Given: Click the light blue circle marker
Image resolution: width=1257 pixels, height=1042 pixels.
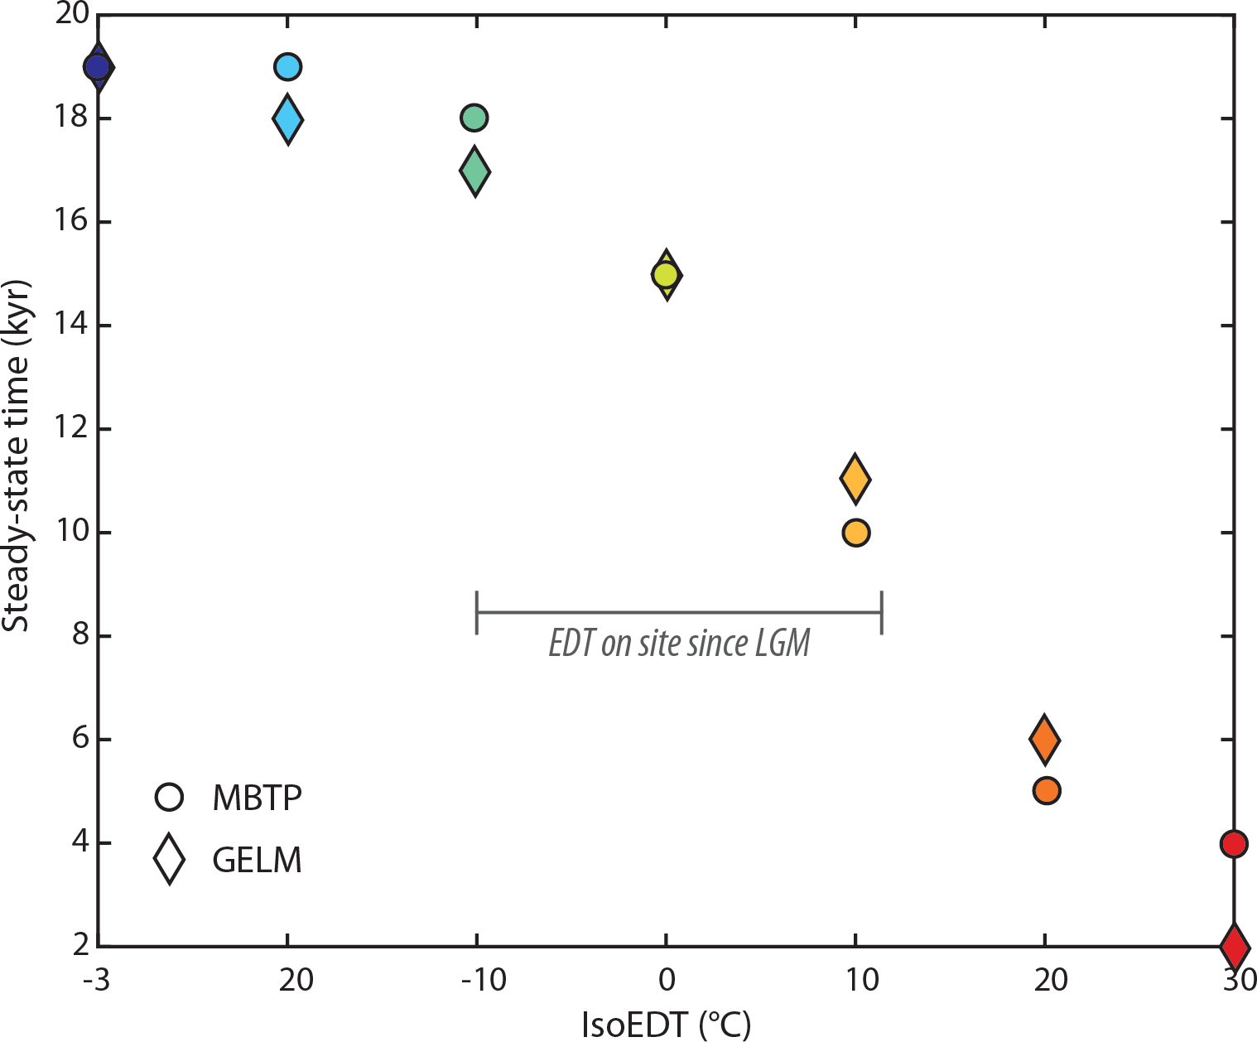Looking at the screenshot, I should click(x=287, y=67).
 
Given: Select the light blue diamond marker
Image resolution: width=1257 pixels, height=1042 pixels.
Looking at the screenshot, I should click(x=287, y=119).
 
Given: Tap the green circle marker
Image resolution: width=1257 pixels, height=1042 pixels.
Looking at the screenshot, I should click(x=474, y=118).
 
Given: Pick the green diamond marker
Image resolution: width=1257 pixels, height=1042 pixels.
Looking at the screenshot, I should click(x=474, y=171).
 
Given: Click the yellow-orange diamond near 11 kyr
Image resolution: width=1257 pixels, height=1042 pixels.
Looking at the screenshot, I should click(x=855, y=479).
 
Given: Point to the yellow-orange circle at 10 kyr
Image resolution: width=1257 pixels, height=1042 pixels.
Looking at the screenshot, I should click(x=855, y=533).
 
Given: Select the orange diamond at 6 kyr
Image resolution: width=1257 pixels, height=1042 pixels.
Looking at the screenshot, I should click(x=1044, y=739).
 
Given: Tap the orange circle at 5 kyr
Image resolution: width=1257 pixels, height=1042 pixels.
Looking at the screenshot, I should click(x=1047, y=791).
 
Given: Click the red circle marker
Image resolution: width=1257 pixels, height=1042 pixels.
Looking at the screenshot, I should click(x=1233, y=844).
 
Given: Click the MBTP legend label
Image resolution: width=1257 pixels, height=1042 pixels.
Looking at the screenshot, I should click(x=257, y=798).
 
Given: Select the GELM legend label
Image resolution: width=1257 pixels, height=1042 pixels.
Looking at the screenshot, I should click(x=257, y=860).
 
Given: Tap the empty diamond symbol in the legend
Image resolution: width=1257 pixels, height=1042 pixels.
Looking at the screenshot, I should click(x=170, y=859).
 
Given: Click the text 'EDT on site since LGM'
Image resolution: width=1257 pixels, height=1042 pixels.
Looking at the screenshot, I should click(x=679, y=644).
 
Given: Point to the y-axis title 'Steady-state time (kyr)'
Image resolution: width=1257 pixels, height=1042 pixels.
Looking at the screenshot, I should click(x=17, y=456).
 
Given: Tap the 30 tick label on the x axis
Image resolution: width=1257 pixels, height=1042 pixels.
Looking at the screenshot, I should click(x=1239, y=981).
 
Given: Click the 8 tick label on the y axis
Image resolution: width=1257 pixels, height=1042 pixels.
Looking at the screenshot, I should click(x=79, y=636).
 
